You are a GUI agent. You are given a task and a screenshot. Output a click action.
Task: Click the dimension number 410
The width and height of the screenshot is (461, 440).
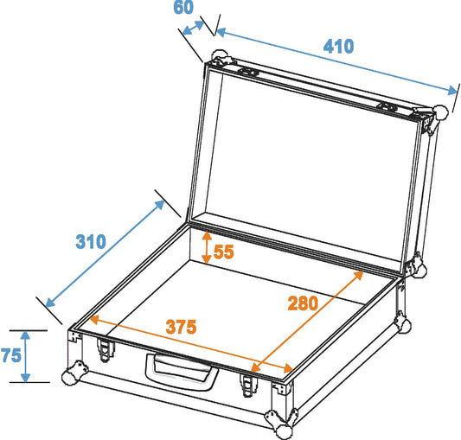(x=338, y=46)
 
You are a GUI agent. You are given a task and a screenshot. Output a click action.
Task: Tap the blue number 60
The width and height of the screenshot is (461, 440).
(x=183, y=8)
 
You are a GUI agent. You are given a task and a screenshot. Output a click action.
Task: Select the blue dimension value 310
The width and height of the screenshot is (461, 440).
(x=89, y=241)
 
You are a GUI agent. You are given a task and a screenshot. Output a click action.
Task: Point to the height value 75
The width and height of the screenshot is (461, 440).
(x=10, y=355)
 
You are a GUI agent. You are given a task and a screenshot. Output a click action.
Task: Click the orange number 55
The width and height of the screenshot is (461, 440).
(x=224, y=252)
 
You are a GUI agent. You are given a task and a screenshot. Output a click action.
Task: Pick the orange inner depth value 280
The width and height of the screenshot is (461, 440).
(x=304, y=303)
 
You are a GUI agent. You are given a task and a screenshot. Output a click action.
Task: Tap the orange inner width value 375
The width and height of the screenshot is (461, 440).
(x=182, y=327)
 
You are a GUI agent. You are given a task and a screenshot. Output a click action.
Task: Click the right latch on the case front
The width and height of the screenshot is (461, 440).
(x=251, y=381)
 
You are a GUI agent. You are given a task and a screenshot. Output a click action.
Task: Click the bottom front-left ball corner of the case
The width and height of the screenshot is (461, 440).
(x=70, y=376)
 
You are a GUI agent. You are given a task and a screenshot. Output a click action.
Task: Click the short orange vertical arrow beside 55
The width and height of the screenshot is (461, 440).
(x=206, y=247)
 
